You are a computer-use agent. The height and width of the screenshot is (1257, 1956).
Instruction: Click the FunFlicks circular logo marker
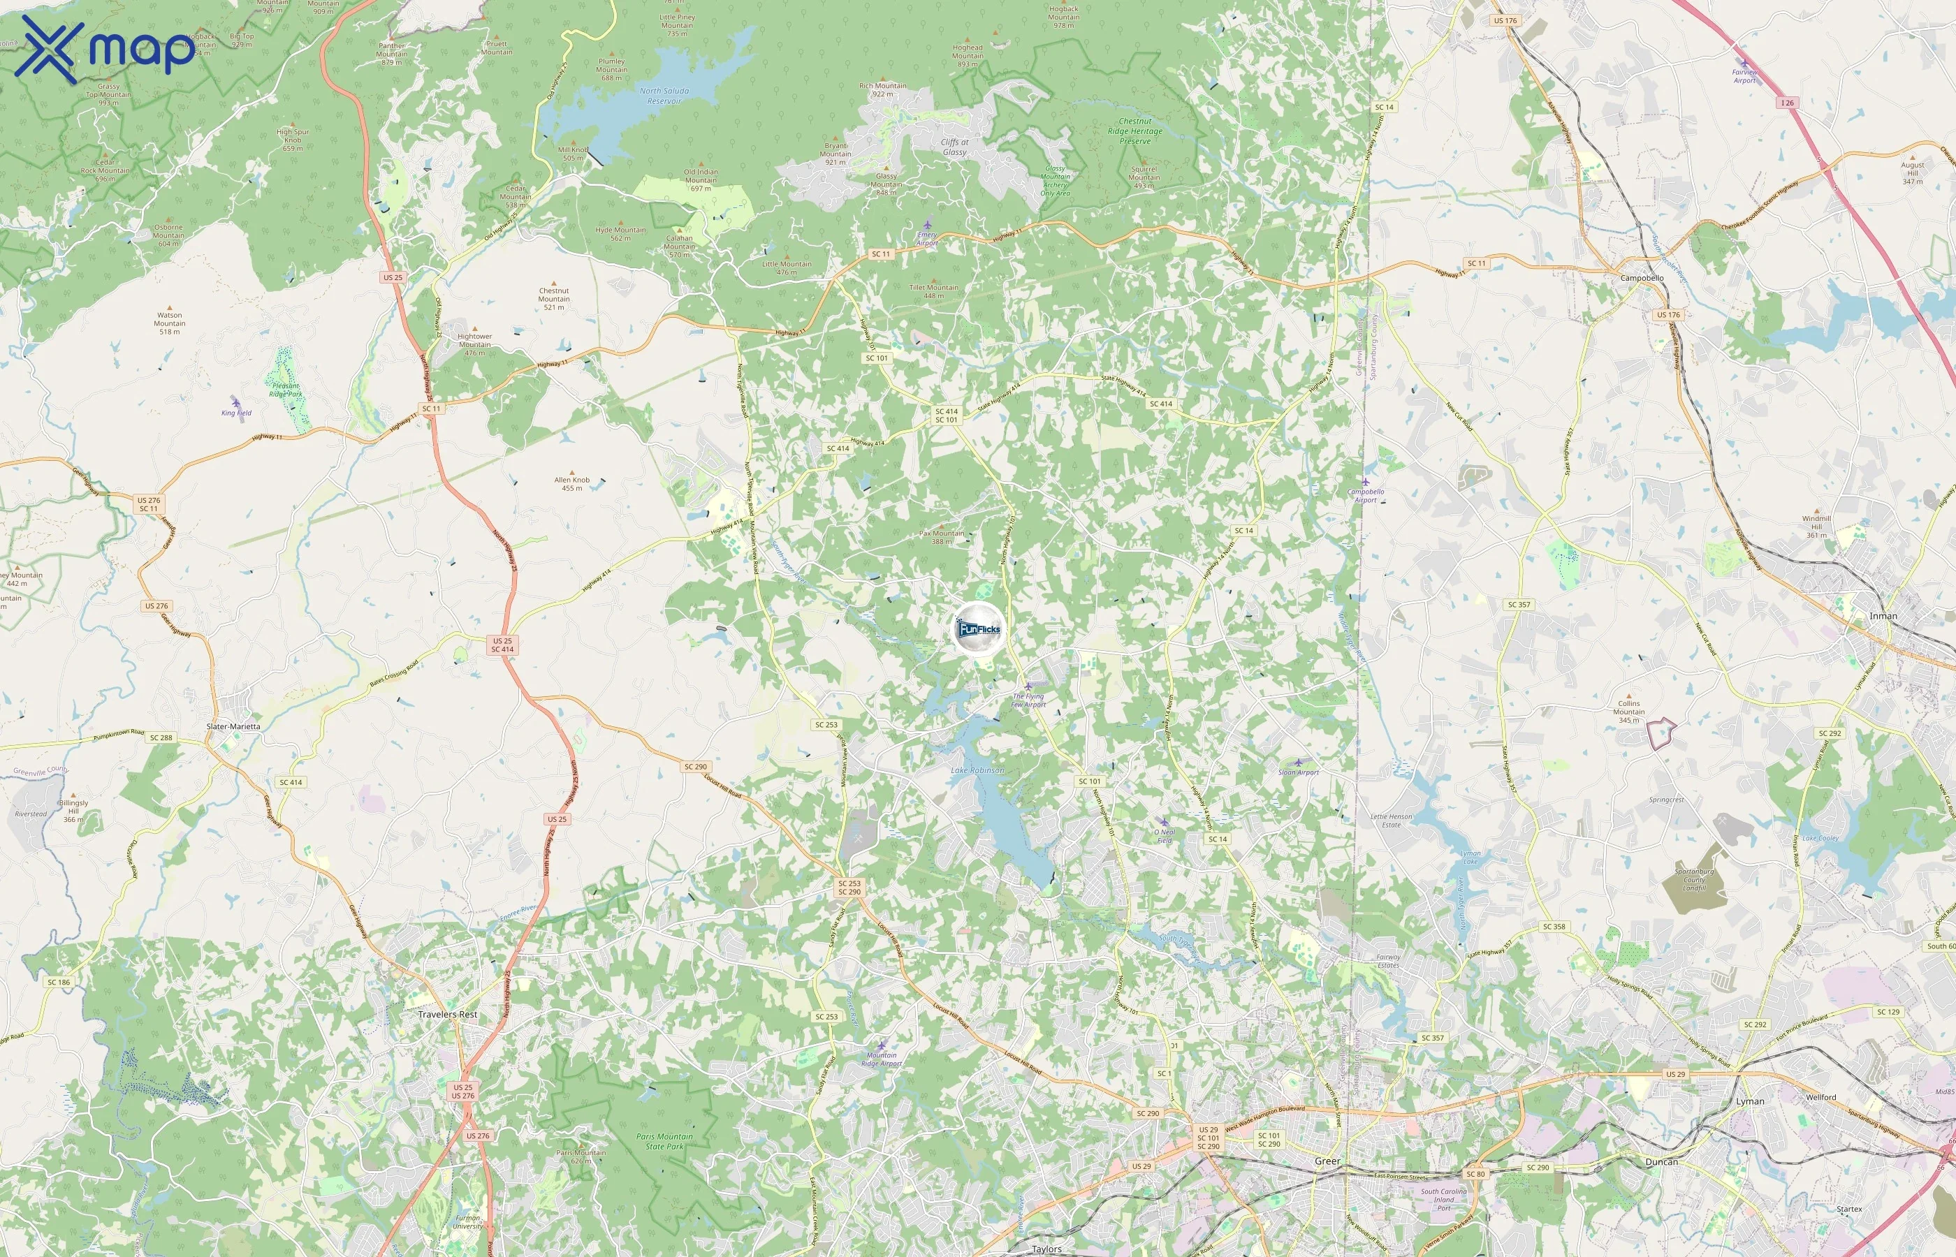pyautogui.click(x=978, y=629)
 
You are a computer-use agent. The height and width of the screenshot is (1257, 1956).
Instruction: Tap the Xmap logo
pyautogui.click(x=107, y=49)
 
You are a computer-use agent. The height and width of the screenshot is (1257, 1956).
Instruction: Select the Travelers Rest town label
pyautogui.click(x=447, y=1015)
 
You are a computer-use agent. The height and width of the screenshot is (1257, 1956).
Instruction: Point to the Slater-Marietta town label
pyautogui.click(x=233, y=726)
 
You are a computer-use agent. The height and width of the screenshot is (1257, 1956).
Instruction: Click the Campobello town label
pyautogui.click(x=1642, y=279)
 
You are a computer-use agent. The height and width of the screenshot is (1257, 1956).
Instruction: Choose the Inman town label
pyautogui.click(x=1883, y=616)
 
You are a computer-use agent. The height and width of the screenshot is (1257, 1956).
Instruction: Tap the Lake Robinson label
pyautogui.click(x=978, y=770)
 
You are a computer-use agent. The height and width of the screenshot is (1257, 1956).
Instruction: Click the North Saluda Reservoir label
pyautogui.click(x=664, y=96)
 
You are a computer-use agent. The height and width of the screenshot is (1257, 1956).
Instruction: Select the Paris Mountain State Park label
pyautogui.click(x=664, y=1141)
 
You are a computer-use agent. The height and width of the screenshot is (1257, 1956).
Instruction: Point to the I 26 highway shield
pyautogui.click(x=1788, y=103)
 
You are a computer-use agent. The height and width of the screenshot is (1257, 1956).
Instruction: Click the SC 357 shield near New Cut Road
pyautogui.click(x=1519, y=605)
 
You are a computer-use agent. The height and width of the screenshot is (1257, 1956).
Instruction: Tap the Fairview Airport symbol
pyautogui.click(x=1744, y=64)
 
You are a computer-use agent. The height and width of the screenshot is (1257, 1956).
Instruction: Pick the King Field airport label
pyautogui.click(x=237, y=413)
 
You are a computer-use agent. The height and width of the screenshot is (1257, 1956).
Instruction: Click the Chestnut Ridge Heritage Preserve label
pyautogui.click(x=1134, y=131)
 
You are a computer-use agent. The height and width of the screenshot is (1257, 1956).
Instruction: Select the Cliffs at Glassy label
pyautogui.click(x=954, y=147)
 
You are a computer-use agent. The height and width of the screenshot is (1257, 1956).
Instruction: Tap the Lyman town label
pyautogui.click(x=1749, y=1101)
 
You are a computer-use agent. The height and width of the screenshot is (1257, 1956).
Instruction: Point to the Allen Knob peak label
pyautogui.click(x=572, y=484)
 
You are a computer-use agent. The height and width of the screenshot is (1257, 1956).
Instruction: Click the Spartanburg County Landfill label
pyautogui.click(x=1694, y=880)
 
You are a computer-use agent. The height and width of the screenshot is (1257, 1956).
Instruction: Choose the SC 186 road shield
pyautogui.click(x=59, y=982)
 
